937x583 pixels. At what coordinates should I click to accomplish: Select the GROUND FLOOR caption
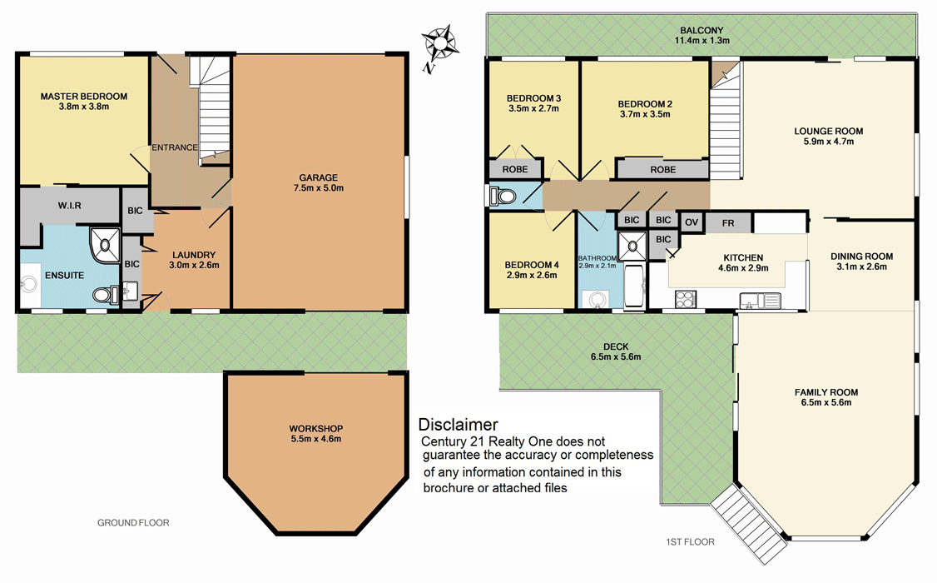[x=133, y=524]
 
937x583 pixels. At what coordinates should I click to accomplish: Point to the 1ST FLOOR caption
[x=690, y=542]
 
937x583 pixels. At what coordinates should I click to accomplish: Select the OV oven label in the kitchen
[x=691, y=222]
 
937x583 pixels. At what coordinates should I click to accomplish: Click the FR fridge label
[x=728, y=223]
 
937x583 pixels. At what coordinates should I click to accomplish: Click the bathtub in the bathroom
[x=634, y=287]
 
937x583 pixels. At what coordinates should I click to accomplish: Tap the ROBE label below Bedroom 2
[x=662, y=169]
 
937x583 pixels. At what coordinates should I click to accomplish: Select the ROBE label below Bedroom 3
[x=515, y=169]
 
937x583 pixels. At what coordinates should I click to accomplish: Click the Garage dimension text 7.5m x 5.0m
[x=319, y=188]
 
